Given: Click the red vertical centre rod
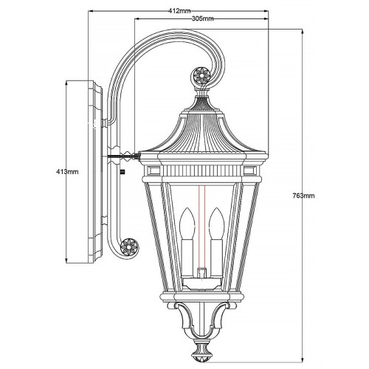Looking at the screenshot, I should (201, 196).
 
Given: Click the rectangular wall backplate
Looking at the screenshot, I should (95, 172).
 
